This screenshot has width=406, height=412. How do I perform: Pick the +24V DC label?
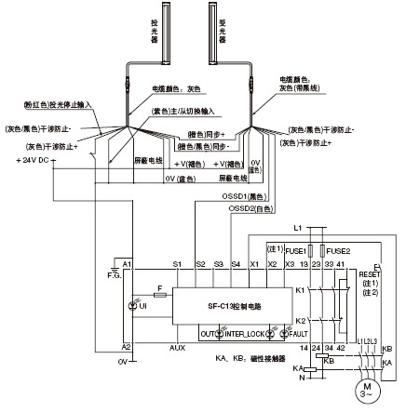pyautogui.click(x=31, y=160)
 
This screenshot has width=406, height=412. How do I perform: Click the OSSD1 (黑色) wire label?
pyautogui.click(x=254, y=197)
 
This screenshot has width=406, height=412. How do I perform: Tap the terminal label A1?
pyautogui.click(x=127, y=265)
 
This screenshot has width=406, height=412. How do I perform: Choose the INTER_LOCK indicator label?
pyautogui.click(x=232, y=332)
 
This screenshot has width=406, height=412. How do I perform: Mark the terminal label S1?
pyautogui.click(x=177, y=265)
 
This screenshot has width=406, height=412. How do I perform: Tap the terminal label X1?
pyautogui.click(x=254, y=265)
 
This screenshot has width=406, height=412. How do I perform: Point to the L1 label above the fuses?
pyautogui.click(x=298, y=228)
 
